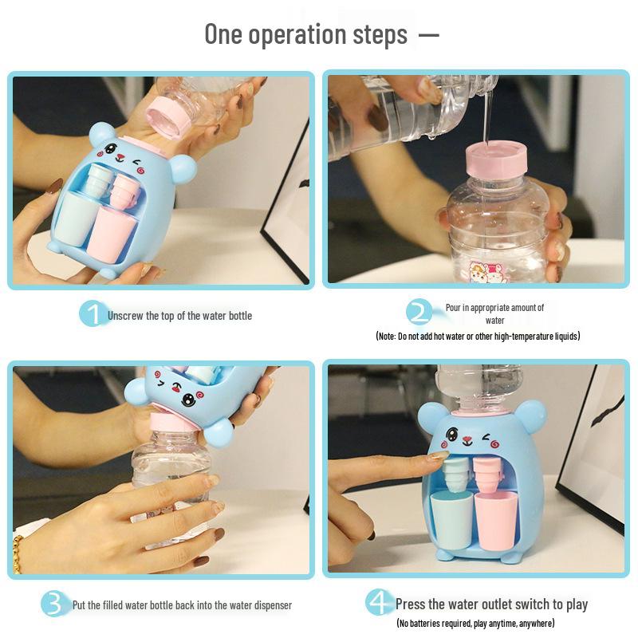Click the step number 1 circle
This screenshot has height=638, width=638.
[93, 314]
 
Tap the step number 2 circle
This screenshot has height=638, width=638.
[419, 313]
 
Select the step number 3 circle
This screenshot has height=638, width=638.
[53, 605]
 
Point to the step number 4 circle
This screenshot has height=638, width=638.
[379, 603]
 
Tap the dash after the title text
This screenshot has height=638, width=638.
[429, 35]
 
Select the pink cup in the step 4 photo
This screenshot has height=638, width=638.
[495, 518]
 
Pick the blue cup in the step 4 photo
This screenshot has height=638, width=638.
[451, 518]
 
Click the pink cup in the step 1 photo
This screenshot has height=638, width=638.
[112, 229]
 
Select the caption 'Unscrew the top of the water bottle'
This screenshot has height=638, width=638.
[179, 316]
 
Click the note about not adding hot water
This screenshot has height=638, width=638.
[478, 337]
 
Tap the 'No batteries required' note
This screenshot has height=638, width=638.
[475, 623]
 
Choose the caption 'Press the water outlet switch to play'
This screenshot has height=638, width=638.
[491, 604]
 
